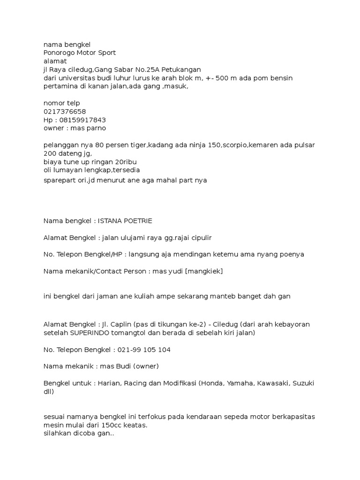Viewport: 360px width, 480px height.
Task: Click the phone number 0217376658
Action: click(65, 111)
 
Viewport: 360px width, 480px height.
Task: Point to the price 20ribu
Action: click(121, 162)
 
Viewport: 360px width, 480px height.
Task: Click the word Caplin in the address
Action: click(120, 324)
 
